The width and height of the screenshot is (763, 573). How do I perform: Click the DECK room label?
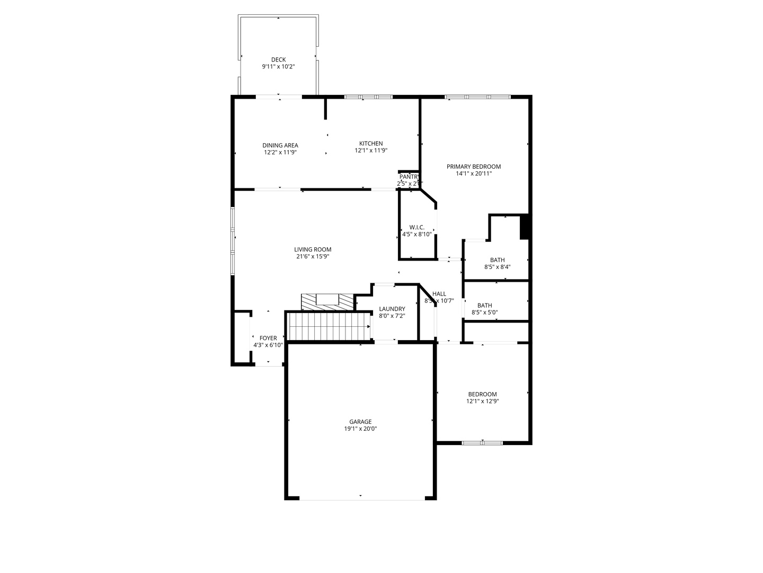tap(278, 59)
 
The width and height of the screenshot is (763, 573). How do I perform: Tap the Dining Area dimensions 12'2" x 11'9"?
tap(280, 153)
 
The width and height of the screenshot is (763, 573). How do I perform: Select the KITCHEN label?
tap(371, 144)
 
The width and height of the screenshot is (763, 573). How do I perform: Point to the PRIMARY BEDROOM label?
tap(473, 167)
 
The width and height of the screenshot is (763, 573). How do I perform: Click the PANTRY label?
tap(410, 177)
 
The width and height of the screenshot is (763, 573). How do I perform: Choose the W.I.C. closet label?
tap(417, 227)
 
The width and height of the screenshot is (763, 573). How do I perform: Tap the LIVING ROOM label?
tap(313, 249)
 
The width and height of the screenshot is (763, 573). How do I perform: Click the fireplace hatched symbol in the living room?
tap(327, 301)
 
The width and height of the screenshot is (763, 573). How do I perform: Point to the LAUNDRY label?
tap(392, 309)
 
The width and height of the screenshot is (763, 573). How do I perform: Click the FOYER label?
tap(268, 338)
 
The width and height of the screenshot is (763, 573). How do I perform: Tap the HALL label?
tap(439, 294)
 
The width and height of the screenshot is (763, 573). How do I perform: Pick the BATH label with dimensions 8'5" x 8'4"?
tap(497, 260)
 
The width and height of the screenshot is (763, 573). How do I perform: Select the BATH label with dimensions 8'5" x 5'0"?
tap(484, 306)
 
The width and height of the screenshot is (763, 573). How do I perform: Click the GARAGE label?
tap(360, 422)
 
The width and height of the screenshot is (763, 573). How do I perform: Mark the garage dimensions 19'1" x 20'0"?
tap(360, 429)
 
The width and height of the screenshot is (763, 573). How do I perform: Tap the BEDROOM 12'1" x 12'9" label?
tap(482, 394)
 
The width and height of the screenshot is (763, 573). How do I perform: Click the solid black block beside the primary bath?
tap(525, 227)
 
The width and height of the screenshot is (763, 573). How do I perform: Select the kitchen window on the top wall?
tap(368, 97)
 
